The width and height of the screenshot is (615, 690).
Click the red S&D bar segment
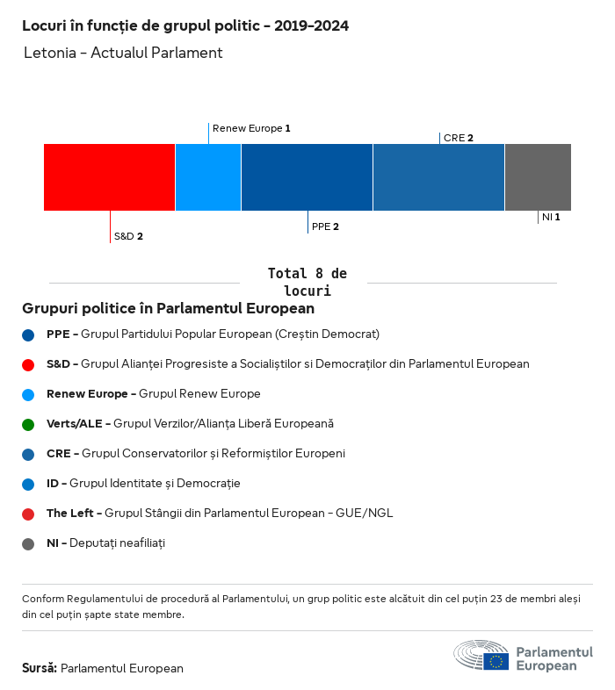pyautogui.click(x=109, y=177)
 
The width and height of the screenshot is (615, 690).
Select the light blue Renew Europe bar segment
pyautogui.click(x=208, y=177)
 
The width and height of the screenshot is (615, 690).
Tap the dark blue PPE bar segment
pyautogui.click(x=307, y=177)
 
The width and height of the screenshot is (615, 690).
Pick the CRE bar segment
pyautogui.click(x=438, y=177)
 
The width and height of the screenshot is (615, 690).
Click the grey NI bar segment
pyautogui.click(x=538, y=177)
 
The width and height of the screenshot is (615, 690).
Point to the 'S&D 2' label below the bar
pyautogui.click(x=128, y=236)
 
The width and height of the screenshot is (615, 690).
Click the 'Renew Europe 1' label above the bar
pyautogui.click(x=251, y=128)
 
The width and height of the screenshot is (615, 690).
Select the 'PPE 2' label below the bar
pyautogui.click(x=325, y=226)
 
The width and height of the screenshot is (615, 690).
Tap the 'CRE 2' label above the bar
pyautogui.click(x=459, y=138)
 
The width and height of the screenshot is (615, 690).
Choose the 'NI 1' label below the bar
pyautogui.click(x=551, y=217)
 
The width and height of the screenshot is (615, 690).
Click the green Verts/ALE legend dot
pyautogui.click(x=28, y=424)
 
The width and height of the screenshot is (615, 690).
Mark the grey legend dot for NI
pyautogui.click(x=28, y=543)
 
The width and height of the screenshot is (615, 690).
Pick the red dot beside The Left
pyautogui.click(x=28, y=514)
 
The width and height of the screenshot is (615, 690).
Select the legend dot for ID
pyautogui.click(x=28, y=484)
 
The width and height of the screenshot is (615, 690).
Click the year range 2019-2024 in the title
pyautogui.click(x=311, y=26)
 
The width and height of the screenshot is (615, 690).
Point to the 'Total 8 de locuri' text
pyautogui.click(x=307, y=282)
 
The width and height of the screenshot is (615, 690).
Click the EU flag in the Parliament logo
pyautogui.click(x=496, y=660)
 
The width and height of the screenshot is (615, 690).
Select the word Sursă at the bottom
pyautogui.click(x=40, y=668)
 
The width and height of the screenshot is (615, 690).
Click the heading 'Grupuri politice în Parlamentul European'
pyautogui.click(x=168, y=309)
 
